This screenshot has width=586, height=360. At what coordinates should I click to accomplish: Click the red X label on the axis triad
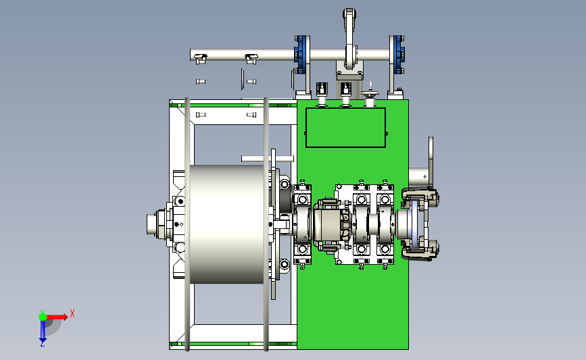pyautogui.click(x=72, y=313)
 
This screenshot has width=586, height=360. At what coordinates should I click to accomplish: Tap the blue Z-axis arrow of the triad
pyautogui.click(x=43, y=331)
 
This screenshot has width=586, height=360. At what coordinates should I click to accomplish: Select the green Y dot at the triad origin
pyautogui.click(x=43, y=317)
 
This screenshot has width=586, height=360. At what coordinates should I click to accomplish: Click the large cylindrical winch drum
pyautogui.click(x=227, y=224)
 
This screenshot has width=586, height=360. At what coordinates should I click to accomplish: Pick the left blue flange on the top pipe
pyautogui.click(x=302, y=55)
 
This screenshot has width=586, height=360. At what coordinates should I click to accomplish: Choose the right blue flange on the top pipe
pyautogui.click(x=397, y=55)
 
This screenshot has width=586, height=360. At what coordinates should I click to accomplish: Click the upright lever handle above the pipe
pyautogui.click(x=349, y=37)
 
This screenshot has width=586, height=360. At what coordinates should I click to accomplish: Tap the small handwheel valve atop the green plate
pyautogui.click(x=370, y=93)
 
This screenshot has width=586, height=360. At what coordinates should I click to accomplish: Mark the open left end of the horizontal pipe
pyautogui.click(x=191, y=55)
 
